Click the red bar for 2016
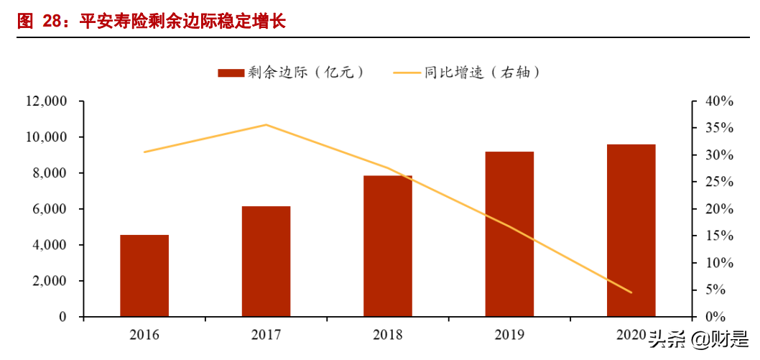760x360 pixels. pyautogui.click(x=144, y=276)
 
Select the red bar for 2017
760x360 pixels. pyautogui.click(x=266, y=262)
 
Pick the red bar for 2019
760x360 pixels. pyautogui.click(x=509, y=234)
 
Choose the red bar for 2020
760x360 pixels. pyautogui.click(x=631, y=231)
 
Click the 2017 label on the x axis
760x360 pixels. pyautogui.click(x=266, y=335)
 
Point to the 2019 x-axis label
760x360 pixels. pyautogui.click(x=509, y=335)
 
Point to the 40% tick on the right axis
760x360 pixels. pyautogui.click(x=718, y=101)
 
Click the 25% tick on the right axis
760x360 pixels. pyautogui.click(x=718, y=183)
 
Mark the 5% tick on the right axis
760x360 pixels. pyautogui.click(x=718, y=290)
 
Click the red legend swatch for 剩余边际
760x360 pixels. pyautogui.click(x=231, y=72)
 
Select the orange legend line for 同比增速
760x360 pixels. pyautogui.click(x=407, y=72)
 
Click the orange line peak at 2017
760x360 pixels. pyautogui.click(x=266, y=124)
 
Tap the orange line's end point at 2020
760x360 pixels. pyautogui.click(x=631, y=292)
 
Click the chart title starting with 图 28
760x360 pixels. pyautogui.click(x=151, y=21)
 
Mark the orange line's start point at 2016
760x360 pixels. pyautogui.click(x=144, y=152)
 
